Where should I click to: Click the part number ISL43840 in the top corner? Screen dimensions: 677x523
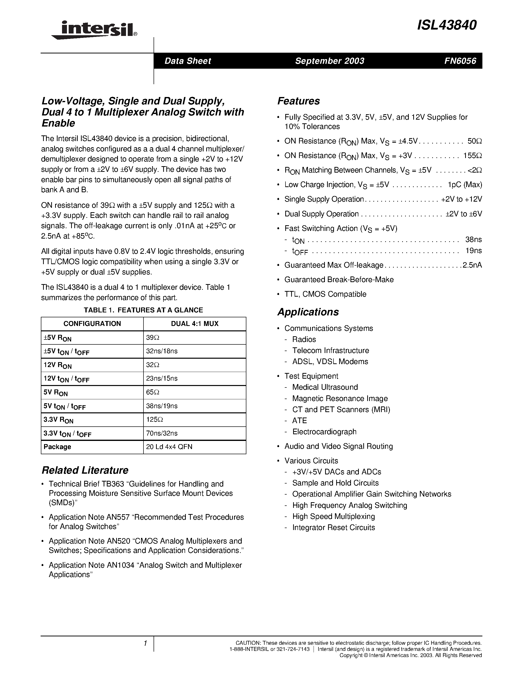(x=446, y=25)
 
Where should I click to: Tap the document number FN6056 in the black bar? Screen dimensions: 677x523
(x=460, y=61)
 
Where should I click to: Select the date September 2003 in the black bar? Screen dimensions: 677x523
(x=329, y=61)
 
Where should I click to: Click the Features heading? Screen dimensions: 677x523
(x=298, y=101)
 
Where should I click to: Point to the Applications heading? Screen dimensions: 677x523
(x=308, y=312)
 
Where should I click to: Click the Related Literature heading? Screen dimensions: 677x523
(x=85, y=470)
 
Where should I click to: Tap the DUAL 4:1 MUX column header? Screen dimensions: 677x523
(x=195, y=324)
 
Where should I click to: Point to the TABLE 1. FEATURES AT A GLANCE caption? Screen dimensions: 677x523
(x=143, y=310)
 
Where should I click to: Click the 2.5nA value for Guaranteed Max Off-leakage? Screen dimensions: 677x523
(x=472, y=265)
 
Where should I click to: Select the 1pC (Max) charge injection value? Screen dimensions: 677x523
(x=465, y=185)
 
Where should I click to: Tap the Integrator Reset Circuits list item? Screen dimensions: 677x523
(x=333, y=527)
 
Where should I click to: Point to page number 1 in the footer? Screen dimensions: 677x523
(x=145, y=644)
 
